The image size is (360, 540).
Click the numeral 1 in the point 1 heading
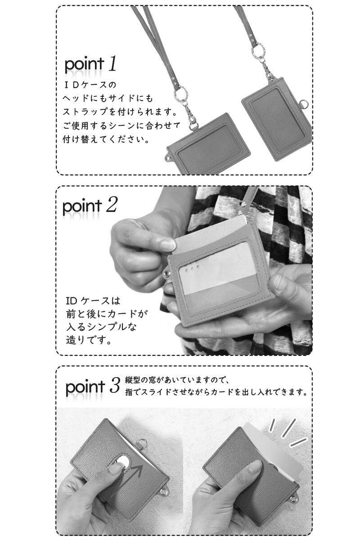[112, 63]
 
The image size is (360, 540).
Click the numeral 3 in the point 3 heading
[114, 385]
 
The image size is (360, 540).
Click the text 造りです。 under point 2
[89, 340]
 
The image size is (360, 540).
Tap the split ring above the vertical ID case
[258, 50]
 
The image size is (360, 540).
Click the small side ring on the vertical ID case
[304, 105]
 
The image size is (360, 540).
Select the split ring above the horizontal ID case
[181, 93]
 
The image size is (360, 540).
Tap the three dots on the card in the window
[192, 268]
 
